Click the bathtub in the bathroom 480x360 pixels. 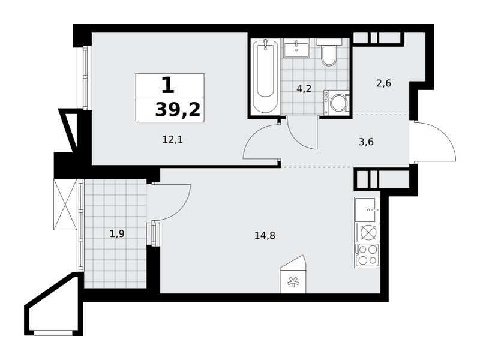265,76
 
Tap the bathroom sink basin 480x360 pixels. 296,48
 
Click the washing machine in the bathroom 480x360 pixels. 337,103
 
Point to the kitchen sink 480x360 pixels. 367,209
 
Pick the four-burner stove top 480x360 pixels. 367,255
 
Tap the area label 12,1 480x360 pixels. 173,140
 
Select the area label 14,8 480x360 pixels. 265,235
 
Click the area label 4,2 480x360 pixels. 304,89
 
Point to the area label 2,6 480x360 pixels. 384,83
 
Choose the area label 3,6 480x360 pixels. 366,142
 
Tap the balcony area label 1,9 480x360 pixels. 117,234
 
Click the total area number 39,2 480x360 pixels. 178,110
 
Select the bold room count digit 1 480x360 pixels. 168,85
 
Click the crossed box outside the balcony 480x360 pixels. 65,204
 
